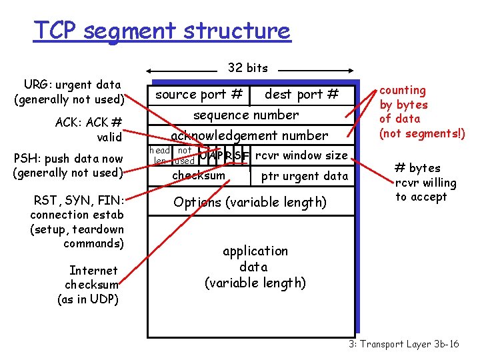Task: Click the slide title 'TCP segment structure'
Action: point(162,31)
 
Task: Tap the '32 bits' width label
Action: point(247,67)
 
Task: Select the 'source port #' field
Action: point(199,95)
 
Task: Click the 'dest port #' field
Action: point(301,95)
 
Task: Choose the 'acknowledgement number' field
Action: point(249,135)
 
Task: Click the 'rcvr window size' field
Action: point(301,156)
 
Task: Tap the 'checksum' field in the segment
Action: point(199,175)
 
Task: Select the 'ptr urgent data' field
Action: point(304,176)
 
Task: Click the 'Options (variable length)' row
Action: point(250,202)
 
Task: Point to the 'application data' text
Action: point(255,267)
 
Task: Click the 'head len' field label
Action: point(160,156)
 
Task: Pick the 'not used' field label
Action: point(184,156)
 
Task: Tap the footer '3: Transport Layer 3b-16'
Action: point(403,344)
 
